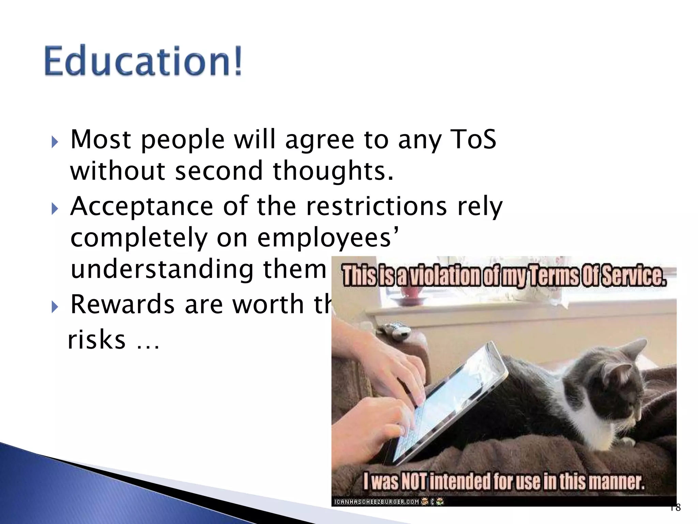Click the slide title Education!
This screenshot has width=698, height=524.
[143, 61]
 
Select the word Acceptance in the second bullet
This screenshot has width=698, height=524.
[141, 207]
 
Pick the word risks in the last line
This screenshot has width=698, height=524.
[97, 340]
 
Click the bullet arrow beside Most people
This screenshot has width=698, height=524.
[55, 142]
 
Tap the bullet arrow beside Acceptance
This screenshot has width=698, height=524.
[55, 209]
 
